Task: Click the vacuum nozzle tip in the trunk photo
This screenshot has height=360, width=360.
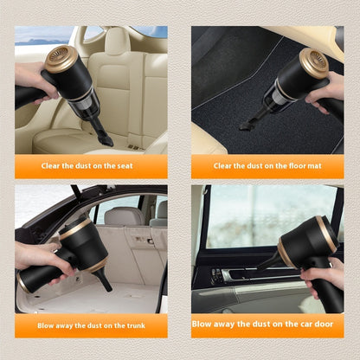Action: tap(106, 285)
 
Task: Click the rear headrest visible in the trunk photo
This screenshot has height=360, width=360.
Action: tap(124, 215)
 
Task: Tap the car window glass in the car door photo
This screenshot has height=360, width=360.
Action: tap(251, 216)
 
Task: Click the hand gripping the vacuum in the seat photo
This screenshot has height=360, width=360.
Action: tap(31, 83)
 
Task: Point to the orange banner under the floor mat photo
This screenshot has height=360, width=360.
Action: tap(266, 165)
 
